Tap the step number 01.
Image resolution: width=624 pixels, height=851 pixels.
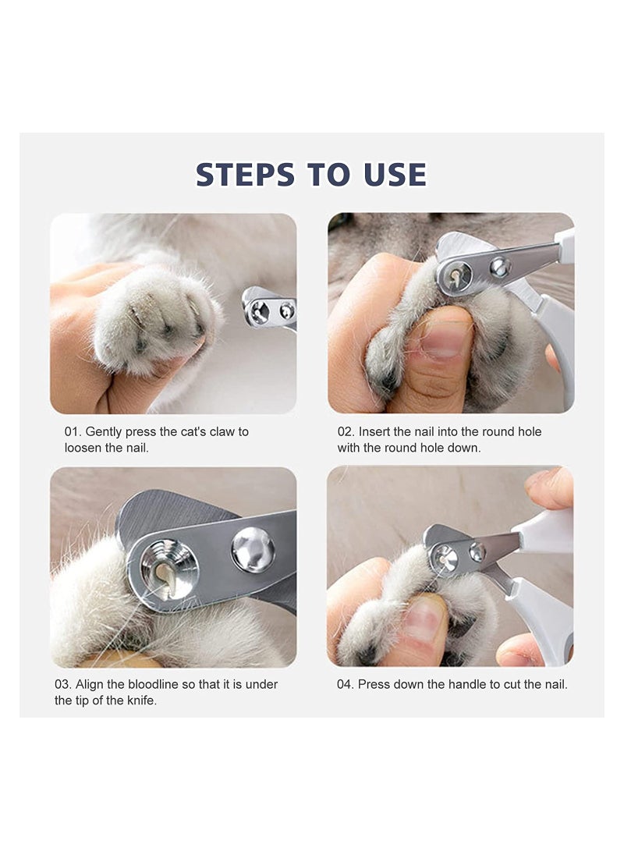click(x=73, y=431)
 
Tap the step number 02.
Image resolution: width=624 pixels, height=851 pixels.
click(x=346, y=431)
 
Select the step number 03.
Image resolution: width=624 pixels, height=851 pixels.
click(x=63, y=684)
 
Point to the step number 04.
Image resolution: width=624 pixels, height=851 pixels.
click(x=346, y=684)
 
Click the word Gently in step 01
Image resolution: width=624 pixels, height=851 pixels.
click(x=104, y=431)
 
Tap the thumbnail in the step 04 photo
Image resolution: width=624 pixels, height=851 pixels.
click(x=424, y=621)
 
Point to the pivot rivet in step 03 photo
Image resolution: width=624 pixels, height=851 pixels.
click(x=253, y=549)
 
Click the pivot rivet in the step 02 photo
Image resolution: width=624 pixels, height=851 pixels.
click(x=499, y=268)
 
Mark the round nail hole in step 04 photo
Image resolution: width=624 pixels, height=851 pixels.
click(x=445, y=557)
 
